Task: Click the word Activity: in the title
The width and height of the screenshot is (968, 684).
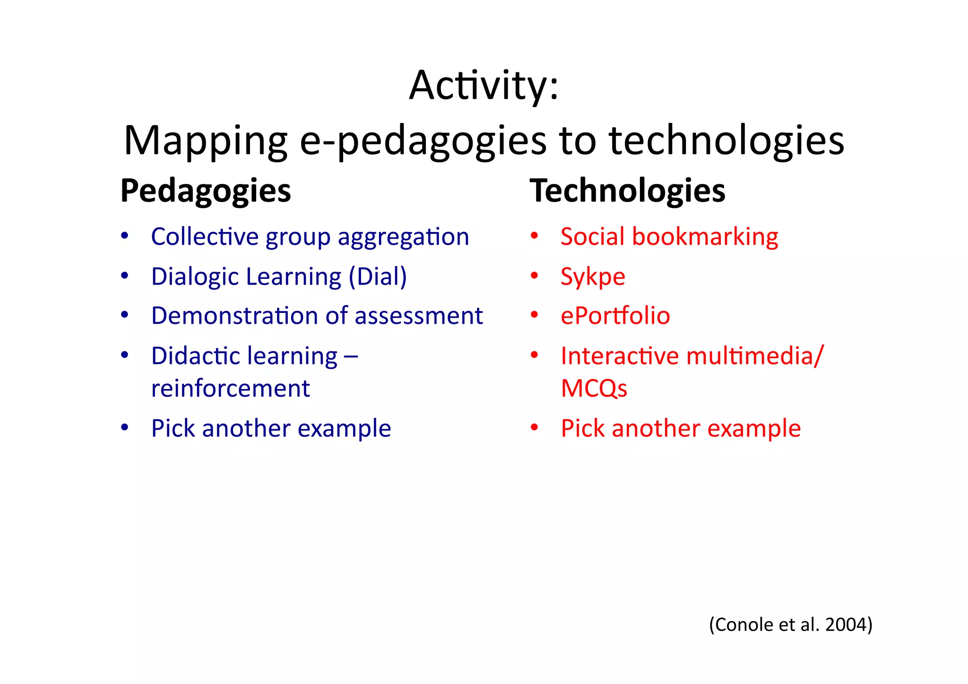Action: [484, 86]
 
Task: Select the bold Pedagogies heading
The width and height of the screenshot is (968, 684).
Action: [206, 191]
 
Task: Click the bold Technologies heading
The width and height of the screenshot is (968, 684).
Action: [627, 191]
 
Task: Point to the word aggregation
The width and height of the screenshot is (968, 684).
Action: [403, 237]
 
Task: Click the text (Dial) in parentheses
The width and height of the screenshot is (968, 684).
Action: [378, 277]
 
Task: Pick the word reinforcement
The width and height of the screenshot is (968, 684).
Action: [230, 389]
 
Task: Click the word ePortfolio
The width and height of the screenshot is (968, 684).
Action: [615, 316]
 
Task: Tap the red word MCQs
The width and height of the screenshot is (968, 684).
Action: [594, 389]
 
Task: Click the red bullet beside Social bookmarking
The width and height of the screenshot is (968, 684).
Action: [534, 236]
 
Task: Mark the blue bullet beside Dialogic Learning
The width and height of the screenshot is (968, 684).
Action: [124, 276]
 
